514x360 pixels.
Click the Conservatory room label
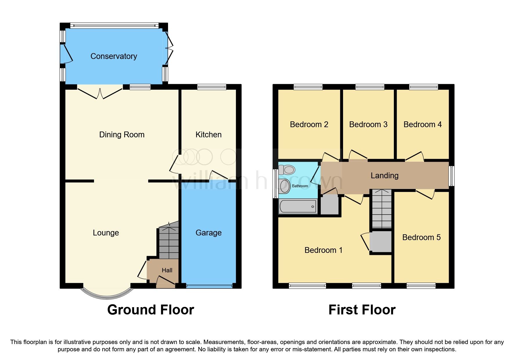click(x=113, y=56)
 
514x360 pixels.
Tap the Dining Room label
click(x=122, y=135)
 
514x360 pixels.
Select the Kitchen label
click(x=208, y=135)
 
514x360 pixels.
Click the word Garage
click(x=208, y=233)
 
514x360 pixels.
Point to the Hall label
click(x=167, y=270)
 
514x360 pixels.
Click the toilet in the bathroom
click(x=287, y=170)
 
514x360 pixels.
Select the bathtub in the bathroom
click(x=298, y=207)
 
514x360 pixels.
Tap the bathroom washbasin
click(x=284, y=186)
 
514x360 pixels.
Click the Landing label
click(x=384, y=176)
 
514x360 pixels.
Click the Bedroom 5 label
click(x=421, y=237)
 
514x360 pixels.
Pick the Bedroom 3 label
click(x=368, y=125)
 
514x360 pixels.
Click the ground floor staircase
click(x=169, y=241)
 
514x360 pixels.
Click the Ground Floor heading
click(x=150, y=310)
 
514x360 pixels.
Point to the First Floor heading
click(x=362, y=310)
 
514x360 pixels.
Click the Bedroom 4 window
click(x=423, y=87)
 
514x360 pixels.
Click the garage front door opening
click(x=209, y=286)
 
